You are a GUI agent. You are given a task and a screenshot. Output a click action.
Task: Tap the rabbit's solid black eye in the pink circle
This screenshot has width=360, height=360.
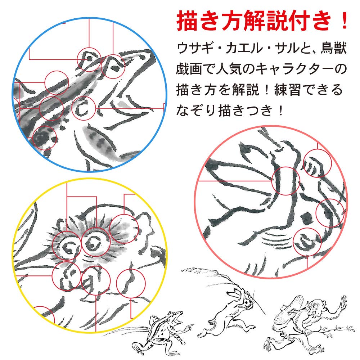307,218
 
